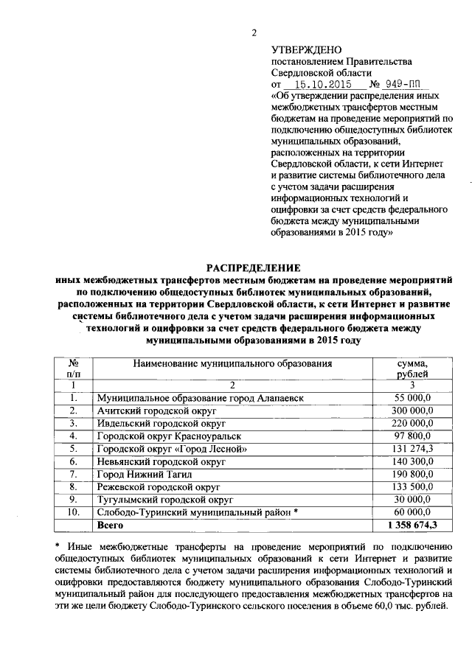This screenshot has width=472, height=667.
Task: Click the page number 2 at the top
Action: point(253,32)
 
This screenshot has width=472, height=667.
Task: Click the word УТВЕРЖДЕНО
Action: point(305,49)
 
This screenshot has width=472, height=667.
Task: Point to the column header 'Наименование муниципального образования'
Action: point(232,363)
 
